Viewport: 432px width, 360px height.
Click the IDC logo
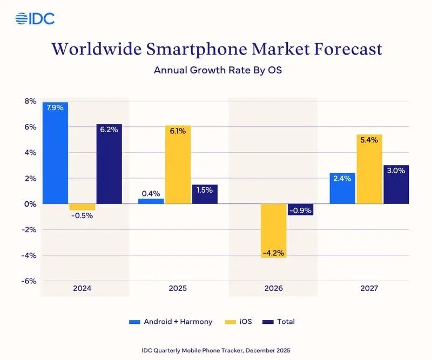pyautogui.click(x=35, y=18)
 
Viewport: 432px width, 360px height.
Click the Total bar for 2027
pyautogui.click(x=396, y=185)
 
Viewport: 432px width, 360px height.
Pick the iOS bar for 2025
pyautogui.click(x=178, y=165)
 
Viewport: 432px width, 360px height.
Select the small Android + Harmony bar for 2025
pyautogui.click(x=151, y=201)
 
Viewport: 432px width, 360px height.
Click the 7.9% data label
pyautogui.click(x=56, y=107)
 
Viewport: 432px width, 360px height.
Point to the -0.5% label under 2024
pyautogui.click(x=83, y=216)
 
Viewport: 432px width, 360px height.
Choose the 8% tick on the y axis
pyautogui.click(x=30, y=101)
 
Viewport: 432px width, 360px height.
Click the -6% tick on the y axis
pyautogui.click(x=29, y=281)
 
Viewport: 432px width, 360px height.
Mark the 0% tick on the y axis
pyautogui.click(x=30, y=204)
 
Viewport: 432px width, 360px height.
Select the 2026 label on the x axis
pyautogui.click(x=273, y=289)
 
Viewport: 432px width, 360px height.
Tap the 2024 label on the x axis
pyautogui.click(x=82, y=289)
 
